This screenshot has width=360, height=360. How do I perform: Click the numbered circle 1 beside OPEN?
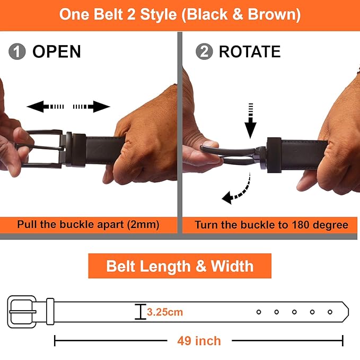pyautogui.click(x=17, y=51)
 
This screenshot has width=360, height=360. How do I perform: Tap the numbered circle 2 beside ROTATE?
pyautogui.click(x=204, y=51)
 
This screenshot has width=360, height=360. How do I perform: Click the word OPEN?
pyautogui.click(x=57, y=51)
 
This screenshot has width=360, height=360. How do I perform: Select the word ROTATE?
pyautogui.click(x=250, y=51)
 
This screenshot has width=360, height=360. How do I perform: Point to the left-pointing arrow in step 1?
pyautogui.click(x=45, y=107)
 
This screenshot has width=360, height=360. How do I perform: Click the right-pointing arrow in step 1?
pyautogui.click(x=91, y=107)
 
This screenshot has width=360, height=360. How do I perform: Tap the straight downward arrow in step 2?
pyautogui.click(x=250, y=121)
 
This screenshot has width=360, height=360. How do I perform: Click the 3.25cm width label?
pyautogui.click(x=165, y=312)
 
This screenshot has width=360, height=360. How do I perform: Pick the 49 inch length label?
pyautogui.click(x=199, y=341)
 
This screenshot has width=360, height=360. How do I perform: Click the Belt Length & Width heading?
pyautogui.click(x=180, y=266)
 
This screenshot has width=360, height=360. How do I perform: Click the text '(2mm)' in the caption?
pyautogui.click(x=143, y=225)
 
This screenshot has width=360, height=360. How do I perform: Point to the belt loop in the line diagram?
pyautogui.click(x=50, y=311)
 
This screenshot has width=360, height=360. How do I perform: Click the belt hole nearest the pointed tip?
pyautogui.click(x=330, y=312)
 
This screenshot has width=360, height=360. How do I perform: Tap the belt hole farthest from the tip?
pyautogui.click(x=259, y=312)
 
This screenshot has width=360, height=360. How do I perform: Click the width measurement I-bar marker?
pyautogui.click(x=141, y=312)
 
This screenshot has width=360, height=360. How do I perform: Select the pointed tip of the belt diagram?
pyautogui.click(x=348, y=312)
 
